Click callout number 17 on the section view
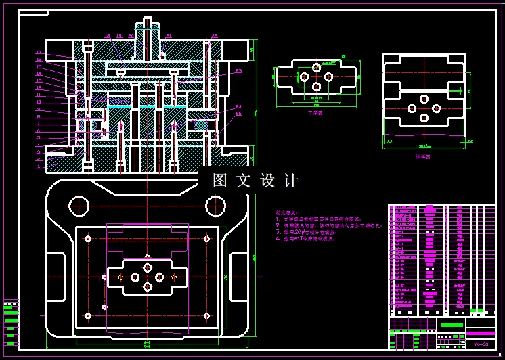coord(39,52)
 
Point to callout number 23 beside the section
coord(239,71)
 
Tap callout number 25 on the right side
coord(239,114)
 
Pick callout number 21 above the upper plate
coord(169,36)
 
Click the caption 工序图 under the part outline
coord(315,114)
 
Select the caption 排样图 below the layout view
coord(423,157)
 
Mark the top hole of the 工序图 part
coord(315,68)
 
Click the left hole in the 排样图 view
coord(412,108)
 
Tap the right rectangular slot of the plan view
coord(239,273)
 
